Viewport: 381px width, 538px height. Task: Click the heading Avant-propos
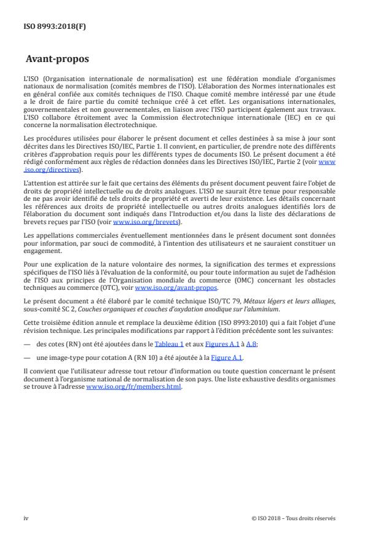click(57, 60)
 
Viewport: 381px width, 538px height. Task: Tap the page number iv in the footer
click(26, 518)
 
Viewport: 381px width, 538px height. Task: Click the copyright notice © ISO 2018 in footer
click(293, 518)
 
